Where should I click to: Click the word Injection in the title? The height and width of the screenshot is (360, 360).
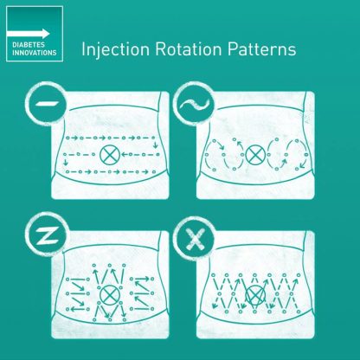[x=116, y=49]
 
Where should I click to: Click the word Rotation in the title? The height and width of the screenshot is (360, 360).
[x=189, y=49]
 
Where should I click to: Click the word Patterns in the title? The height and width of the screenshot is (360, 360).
[x=261, y=49]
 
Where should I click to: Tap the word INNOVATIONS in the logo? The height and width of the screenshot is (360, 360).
[x=35, y=53]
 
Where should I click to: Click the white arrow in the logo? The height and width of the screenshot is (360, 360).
[x=28, y=34]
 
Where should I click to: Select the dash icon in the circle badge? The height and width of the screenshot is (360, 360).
[x=47, y=103]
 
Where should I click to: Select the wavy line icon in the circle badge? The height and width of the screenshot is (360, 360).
[x=194, y=104]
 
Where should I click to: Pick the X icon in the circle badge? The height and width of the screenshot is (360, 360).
[x=196, y=239]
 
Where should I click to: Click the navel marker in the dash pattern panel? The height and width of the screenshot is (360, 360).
[x=110, y=155]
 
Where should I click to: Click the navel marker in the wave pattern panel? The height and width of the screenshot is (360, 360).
[x=255, y=154]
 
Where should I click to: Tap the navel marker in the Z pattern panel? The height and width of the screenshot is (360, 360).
[x=110, y=295]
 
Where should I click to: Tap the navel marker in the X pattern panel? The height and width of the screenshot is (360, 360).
[x=255, y=295]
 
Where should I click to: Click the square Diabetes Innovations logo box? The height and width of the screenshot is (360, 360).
[x=35, y=34]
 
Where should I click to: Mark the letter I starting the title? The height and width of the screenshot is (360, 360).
[x=83, y=49]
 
